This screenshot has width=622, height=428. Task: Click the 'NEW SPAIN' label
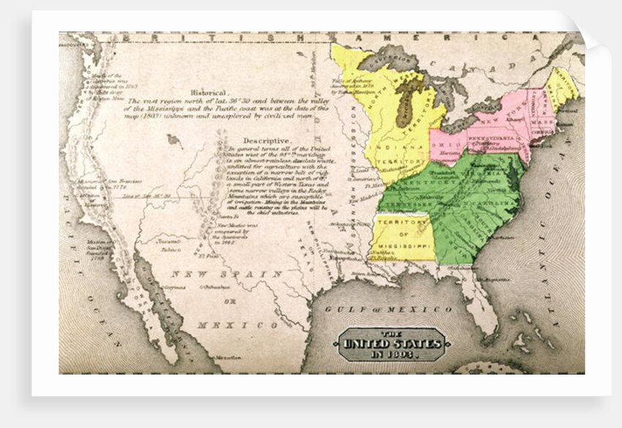coord(227,273)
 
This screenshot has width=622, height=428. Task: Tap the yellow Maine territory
coord(563,87)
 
